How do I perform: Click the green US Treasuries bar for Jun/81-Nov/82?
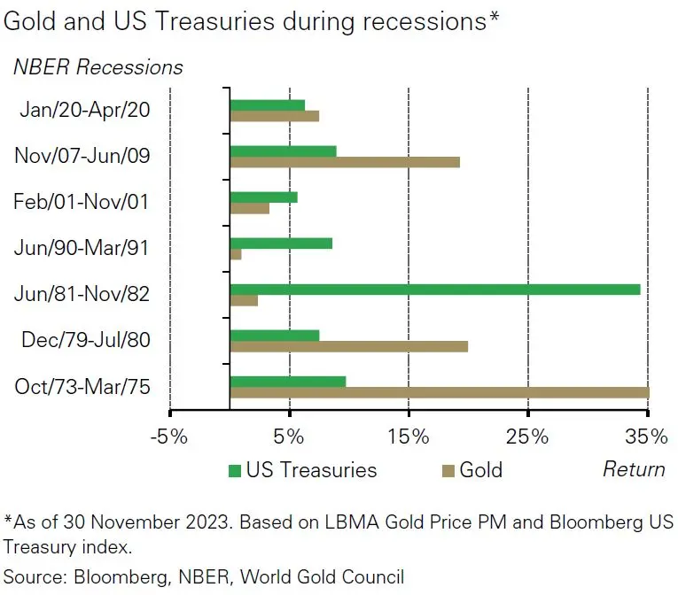[x=434, y=289]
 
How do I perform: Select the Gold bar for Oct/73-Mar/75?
[x=439, y=392]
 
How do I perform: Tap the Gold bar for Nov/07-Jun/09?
[x=345, y=162]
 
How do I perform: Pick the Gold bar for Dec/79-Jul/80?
[x=348, y=346]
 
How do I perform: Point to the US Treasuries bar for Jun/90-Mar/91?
[x=281, y=243]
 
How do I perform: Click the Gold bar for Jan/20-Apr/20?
[x=274, y=116]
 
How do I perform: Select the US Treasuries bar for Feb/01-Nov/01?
[x=263, y=197]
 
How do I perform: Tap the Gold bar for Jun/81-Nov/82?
[x=244, y=300]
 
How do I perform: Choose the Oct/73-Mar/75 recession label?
[x=82, y=387]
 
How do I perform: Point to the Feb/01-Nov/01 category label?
[x=81, y=202]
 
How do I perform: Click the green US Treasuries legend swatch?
[x=235, y=470]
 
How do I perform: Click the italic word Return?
[x=634, y=469]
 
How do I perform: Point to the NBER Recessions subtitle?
[x=97, y=66]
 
